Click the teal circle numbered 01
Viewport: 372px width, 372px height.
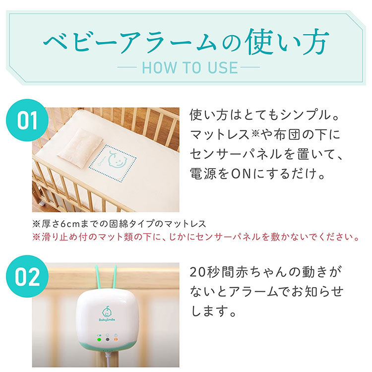tap(27, 120)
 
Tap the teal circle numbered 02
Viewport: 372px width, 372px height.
tap(27, 276)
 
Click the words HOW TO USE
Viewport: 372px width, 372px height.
tap(190, 67)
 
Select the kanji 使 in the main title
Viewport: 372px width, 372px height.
tap(261, 43)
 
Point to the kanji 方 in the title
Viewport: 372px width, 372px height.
tap(312, 43)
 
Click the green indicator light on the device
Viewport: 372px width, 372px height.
tap(99, 339)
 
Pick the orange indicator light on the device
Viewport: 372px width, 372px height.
tap(116, 339)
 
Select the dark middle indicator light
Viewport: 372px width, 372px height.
tap(108, 339)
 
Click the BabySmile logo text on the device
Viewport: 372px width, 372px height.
tap(107, 320)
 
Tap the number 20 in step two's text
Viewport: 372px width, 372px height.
tap(197, 272)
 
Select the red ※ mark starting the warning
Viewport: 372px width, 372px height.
tap(36, 237)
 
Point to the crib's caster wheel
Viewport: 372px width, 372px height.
tap(42, 203)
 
